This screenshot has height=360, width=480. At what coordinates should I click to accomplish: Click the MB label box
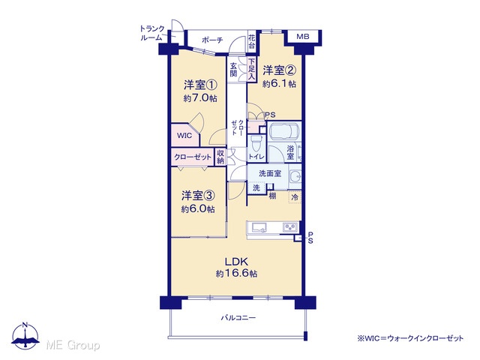[303, 37]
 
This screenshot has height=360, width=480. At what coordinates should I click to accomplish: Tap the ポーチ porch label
[212, 40]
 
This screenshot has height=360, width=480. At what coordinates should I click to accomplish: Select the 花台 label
[252, 42]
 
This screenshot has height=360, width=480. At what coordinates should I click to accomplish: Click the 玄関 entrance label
[233, 70]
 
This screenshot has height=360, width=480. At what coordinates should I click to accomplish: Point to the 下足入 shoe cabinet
[251, 70]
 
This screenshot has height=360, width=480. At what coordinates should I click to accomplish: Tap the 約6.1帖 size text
[279, 84]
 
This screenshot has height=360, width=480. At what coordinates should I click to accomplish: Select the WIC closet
[184, 135]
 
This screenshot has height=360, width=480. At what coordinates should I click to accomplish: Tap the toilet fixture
[256, 143]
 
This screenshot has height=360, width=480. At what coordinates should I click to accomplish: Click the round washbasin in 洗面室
[295, 176]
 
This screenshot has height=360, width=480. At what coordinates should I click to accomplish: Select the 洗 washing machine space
[256, 187]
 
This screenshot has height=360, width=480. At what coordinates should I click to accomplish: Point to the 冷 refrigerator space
[295, 197]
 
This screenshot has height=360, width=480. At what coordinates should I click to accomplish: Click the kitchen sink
[259, 228]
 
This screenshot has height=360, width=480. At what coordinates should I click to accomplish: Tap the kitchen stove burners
[290, 227]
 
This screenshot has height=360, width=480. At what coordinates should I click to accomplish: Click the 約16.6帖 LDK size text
[236, 273]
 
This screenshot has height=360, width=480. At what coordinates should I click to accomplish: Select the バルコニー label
[238, 318]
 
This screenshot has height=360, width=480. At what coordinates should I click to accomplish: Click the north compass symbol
[25, 336]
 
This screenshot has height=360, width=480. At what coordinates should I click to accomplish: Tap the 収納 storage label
[220, 157]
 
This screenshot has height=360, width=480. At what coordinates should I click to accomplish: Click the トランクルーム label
[152, 33]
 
